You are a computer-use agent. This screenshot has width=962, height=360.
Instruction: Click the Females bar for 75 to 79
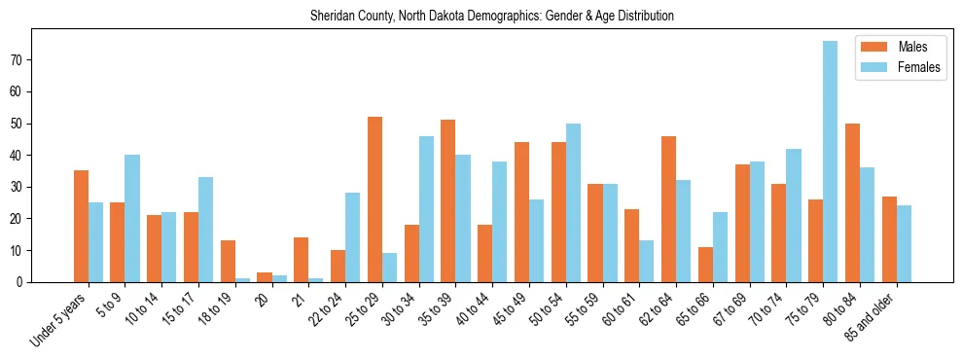(830, 162)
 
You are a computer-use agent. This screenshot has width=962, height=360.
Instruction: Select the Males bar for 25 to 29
(374, 199)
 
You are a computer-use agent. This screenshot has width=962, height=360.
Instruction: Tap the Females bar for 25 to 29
(389, 268)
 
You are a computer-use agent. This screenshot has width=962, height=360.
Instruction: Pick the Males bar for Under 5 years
(81, 227)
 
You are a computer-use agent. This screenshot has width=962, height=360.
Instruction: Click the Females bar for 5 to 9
(132, 219)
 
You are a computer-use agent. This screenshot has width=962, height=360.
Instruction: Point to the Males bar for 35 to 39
(447, 201)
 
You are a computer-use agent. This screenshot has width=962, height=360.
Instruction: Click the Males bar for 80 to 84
(852, 202)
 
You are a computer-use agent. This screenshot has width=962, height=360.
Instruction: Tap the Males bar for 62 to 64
(668, 209)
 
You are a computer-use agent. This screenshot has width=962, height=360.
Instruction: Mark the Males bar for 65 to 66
(705, 265)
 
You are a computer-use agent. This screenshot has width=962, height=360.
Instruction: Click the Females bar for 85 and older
(904, 244)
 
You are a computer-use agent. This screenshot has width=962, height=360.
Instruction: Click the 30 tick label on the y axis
(19, 187)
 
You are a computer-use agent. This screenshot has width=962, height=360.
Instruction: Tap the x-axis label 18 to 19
(216, 306)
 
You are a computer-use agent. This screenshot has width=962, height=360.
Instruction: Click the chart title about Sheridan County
(491, 17)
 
